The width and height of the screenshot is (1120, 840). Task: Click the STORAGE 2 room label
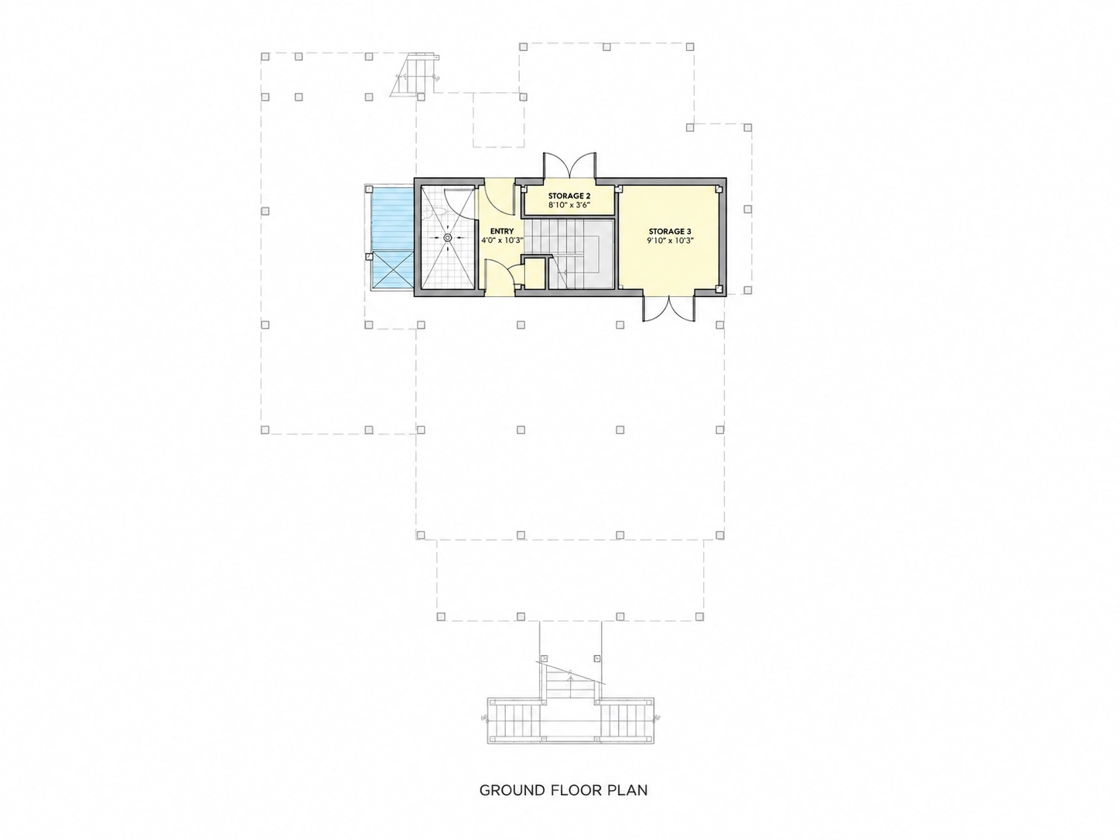pyautogui.click(x=569, y=196)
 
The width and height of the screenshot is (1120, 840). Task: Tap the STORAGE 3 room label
pyautogui.click(x=670, y=231)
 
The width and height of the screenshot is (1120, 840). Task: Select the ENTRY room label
pyautogui.click(x=501, y=231)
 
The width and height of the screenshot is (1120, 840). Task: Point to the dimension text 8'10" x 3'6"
pyautogui.click(x=569, y=205)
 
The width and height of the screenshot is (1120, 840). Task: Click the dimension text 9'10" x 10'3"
pyautogui.click(x=671, y=241)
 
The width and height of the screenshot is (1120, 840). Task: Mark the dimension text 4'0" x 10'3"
pyautogui.click(x=503, y=240)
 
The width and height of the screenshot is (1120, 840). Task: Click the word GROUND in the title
pyautogui.click(x=512, y=790)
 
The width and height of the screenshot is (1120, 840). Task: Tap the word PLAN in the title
pyautogui.click(x=627, y=790)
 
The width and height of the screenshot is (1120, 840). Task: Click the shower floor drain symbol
pyautogui.click(x=448, y=237)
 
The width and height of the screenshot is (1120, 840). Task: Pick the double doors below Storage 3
pyautogui.click(x=668, y=309)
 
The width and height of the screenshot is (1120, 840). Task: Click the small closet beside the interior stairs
pyautogui.click(x=534, y=275)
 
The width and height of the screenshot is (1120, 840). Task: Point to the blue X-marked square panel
pyautogui.click(x=393, y=270)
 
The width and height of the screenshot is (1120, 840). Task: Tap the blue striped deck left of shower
pyautogui.click(x=393, y=220)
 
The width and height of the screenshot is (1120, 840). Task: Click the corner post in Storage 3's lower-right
pyautogui.click(x=719, y=289)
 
